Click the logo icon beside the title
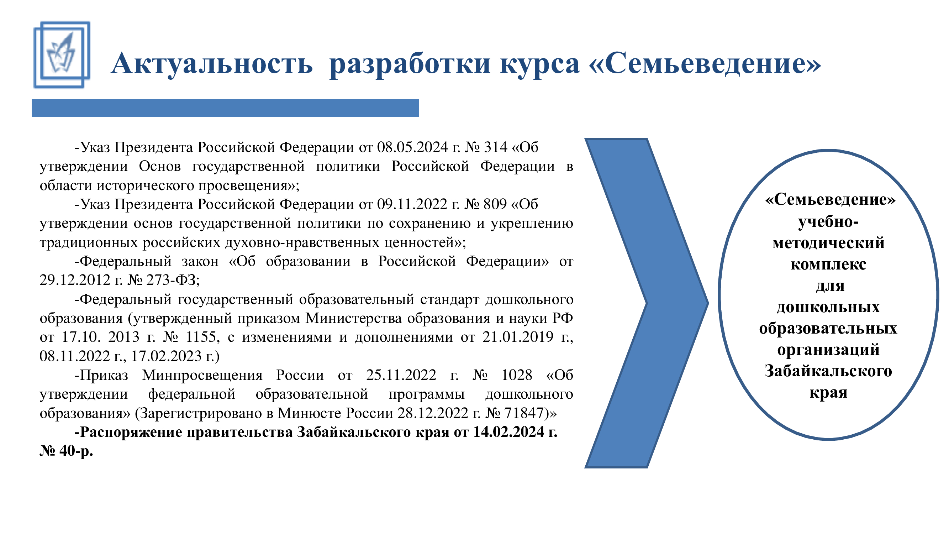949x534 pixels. (62, 54)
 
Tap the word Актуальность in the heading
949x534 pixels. (212, 64)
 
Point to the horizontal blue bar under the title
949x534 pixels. (225, 108)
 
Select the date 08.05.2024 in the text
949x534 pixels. (412, 147)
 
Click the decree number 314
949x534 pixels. (496, 147)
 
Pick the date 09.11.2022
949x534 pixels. (412, 204)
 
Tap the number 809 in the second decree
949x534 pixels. (495, 204)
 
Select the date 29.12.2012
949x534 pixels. (75, 280)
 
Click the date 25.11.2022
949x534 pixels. (401, 375)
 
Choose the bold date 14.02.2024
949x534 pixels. (509, 432)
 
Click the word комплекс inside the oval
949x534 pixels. (828, 264)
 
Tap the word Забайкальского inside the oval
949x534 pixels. (828, 371)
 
